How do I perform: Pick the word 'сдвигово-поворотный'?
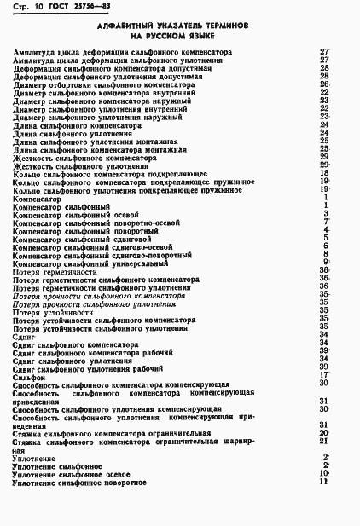pos(154,254)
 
